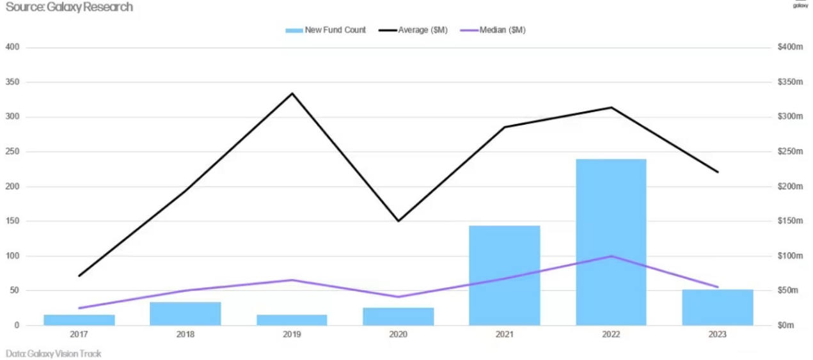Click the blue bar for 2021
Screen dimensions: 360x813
(x=504, y=275)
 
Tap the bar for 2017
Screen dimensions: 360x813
(x=79, y=320)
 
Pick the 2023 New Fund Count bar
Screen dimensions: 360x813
(x=717, y=308)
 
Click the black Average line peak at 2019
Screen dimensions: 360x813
(x=292, y=93)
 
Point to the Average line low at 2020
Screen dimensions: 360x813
(x=399, y=221)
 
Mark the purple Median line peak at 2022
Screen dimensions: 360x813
(x=611, y=256)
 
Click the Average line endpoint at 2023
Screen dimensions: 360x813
(x=717, y=172)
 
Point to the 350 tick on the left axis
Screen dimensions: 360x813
(x=13, y=82)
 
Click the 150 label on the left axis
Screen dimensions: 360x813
(x=13, y=221)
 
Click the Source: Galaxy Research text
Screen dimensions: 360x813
(x=69, y=7)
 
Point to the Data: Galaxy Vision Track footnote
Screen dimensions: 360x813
(x=54, y=354)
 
